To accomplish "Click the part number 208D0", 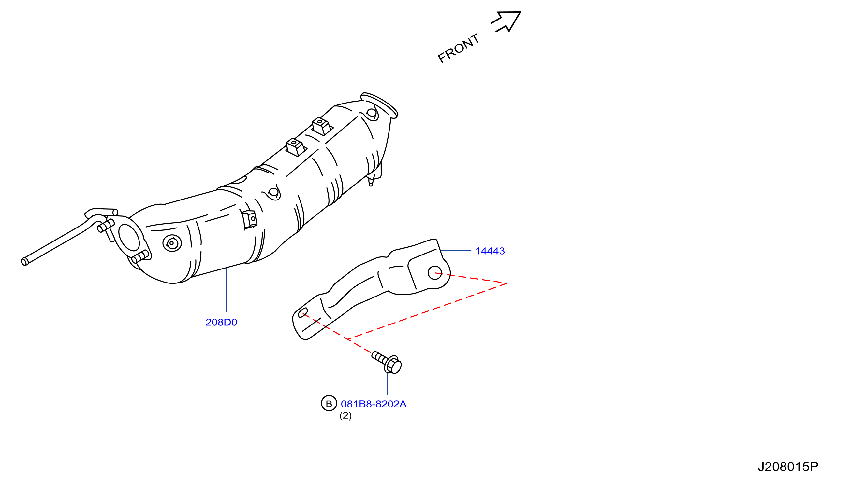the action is pyautogui.click(x=221, y=323).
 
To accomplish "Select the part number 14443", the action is pyautogui.click(x=490, y=251).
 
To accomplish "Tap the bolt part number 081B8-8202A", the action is pyautogui.click(x=374, y=404).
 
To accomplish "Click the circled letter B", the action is pyautogui.click(x=329, y=403).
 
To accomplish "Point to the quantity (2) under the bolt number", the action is pyautogui.click(x=345, y=416).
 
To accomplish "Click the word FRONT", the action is pyautogui.click(x=459, y=48).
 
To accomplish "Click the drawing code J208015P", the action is pyautogui.click(x=788, y=467).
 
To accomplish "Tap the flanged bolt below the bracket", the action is pyautogui.click(x=387, y=362).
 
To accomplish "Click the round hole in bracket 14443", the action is pyautogui.click(x=435, y=273).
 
